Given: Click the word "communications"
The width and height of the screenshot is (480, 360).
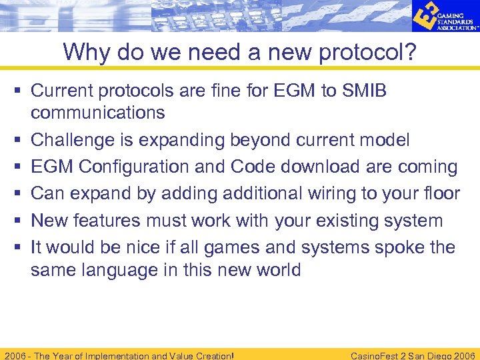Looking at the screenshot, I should point(97,113).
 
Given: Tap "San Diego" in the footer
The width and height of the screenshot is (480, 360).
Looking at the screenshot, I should point(418,355).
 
